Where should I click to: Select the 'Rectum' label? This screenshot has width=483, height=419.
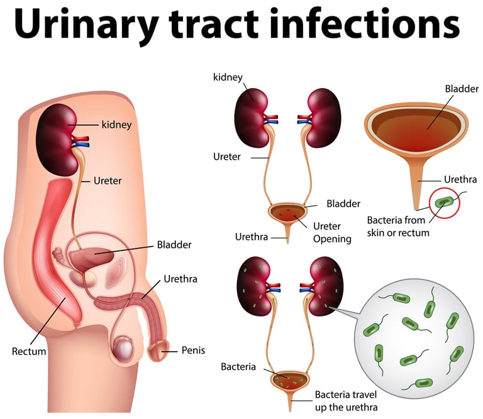29,351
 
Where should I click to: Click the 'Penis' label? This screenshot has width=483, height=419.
193,350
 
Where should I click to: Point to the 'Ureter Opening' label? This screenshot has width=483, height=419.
331,232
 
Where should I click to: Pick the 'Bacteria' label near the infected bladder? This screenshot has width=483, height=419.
238,366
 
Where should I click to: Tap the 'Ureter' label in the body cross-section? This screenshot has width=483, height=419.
108,181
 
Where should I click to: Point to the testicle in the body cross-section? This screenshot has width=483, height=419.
123,346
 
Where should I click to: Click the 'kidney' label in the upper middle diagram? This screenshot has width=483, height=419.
228,77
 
